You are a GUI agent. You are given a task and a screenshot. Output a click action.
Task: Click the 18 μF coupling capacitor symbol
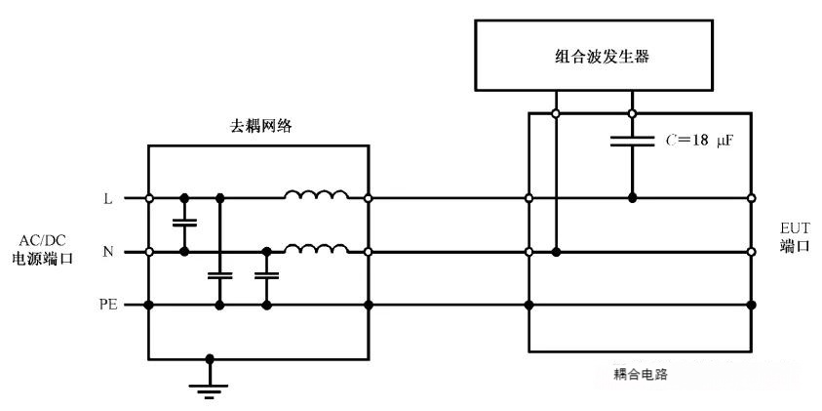(x=632, y=141)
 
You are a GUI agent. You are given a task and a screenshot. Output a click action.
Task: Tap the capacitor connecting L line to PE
(x=219, y=276)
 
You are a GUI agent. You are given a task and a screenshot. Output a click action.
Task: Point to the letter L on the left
(x=108, y=198)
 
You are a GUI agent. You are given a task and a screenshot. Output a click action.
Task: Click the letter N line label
(x=108, y=252)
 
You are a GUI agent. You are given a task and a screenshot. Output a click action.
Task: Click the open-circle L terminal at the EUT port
(x=752, y=198)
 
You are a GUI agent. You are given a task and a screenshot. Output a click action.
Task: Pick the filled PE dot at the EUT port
(x=752, y=306)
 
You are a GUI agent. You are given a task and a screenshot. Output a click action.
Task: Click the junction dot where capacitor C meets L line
(x=632, y=198)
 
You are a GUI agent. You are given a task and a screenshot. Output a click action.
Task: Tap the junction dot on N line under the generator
(x=556, y=252)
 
